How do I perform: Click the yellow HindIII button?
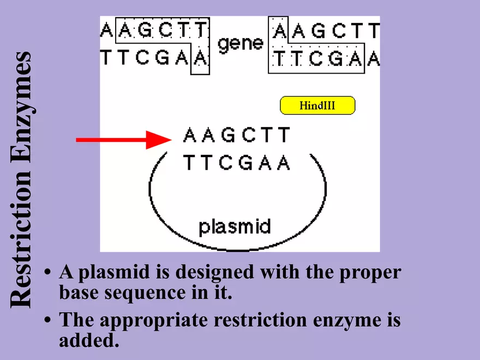(317, 105)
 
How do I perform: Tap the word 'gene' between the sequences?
(241, 43)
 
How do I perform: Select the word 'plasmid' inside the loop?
(235, 226)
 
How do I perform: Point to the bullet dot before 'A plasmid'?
(49, 272)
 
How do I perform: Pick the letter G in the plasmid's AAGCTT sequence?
(228, 135)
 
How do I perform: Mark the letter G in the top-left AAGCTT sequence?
(145, 31)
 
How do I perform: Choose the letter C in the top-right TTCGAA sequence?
(318, 58)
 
